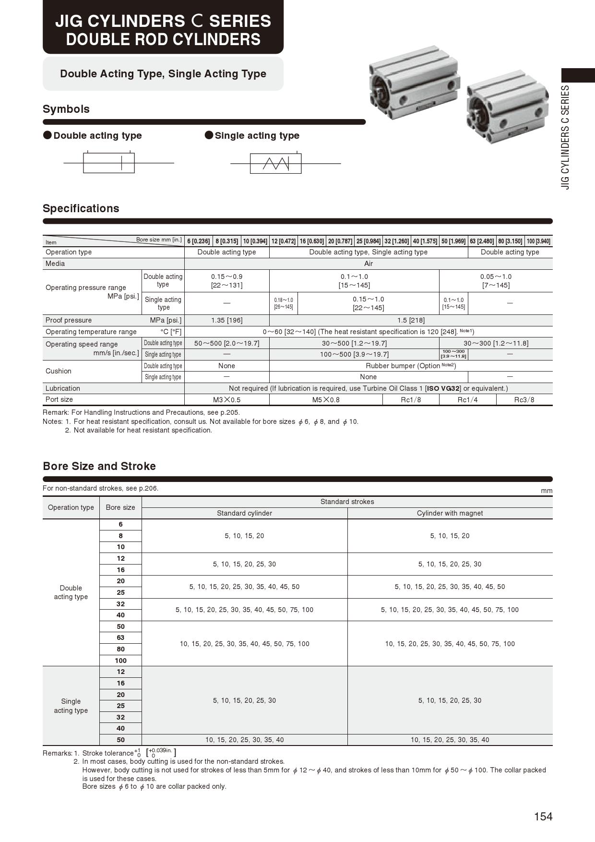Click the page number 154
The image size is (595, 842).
coord(543,817)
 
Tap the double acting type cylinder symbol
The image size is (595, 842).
coord(109,163)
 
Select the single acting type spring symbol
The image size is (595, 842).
coord(275,164)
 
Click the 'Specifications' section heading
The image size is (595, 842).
coord(81,208)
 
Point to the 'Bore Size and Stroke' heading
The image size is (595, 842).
coord(99,466)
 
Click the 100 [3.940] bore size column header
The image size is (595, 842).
coord(538,241)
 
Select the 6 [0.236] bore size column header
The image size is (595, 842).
coord(199,241)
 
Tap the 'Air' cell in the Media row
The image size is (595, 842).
coord(369,264)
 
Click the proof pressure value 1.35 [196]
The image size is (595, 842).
coord(226,320)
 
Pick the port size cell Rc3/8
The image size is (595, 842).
coord(524,399)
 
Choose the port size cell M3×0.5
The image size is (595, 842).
coord(226,399)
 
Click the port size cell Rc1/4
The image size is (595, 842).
coord(467,399)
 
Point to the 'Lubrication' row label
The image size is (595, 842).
coord(63,388)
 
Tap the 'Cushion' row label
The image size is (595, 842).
coord(59,371)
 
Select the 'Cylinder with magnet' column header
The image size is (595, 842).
coord(450,513)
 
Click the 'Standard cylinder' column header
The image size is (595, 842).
coord(244,513)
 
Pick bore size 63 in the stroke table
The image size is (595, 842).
coord(120,638)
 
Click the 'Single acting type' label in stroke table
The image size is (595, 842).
coord(71,706)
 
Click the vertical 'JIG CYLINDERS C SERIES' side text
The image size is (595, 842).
coord(566,137)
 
